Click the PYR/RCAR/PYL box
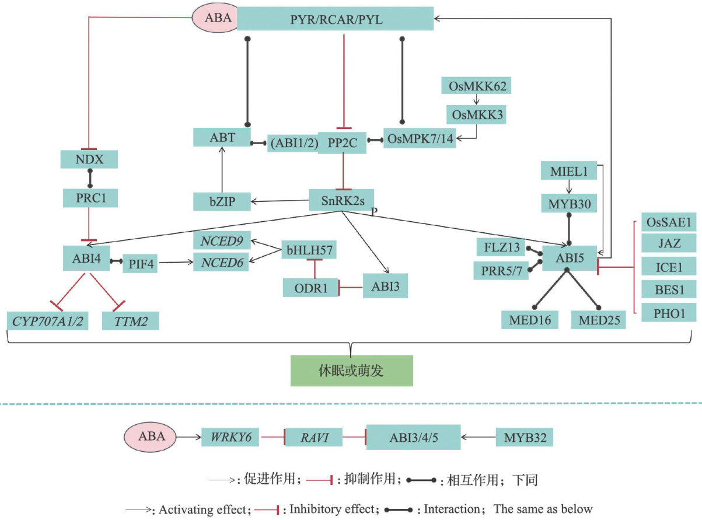pos(336,20)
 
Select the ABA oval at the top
pos(214,18)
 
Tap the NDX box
pos(89,159)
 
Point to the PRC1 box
pos(90,198)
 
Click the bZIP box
pos(222,201)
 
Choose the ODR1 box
pos(310,287)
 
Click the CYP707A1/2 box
pos(48,320)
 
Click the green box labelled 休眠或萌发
pos(351,371)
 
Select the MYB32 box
pos(523,437)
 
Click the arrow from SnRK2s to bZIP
pos(279,201)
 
